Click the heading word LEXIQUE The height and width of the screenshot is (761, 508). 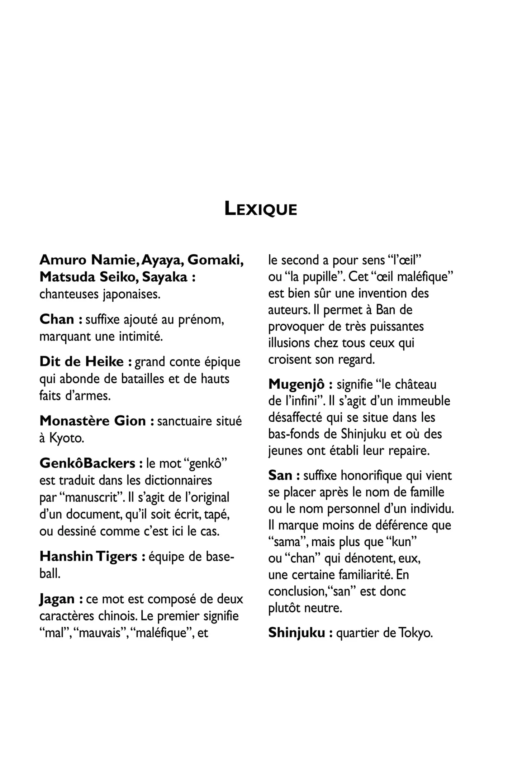tap(261, 209)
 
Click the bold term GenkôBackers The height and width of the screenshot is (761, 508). tap(87, 464)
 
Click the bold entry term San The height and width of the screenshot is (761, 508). tap(280, 476)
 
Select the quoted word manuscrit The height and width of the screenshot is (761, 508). tap(91, 498)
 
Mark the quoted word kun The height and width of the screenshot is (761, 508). tap(402, 542)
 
